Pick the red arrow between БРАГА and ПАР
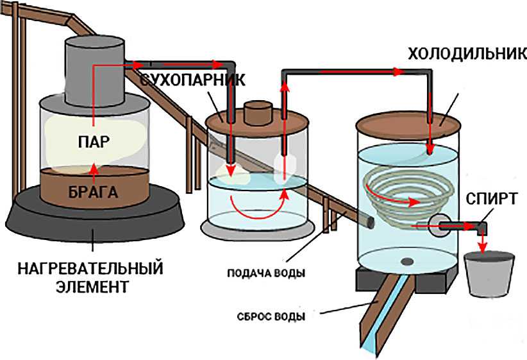point(95,169)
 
